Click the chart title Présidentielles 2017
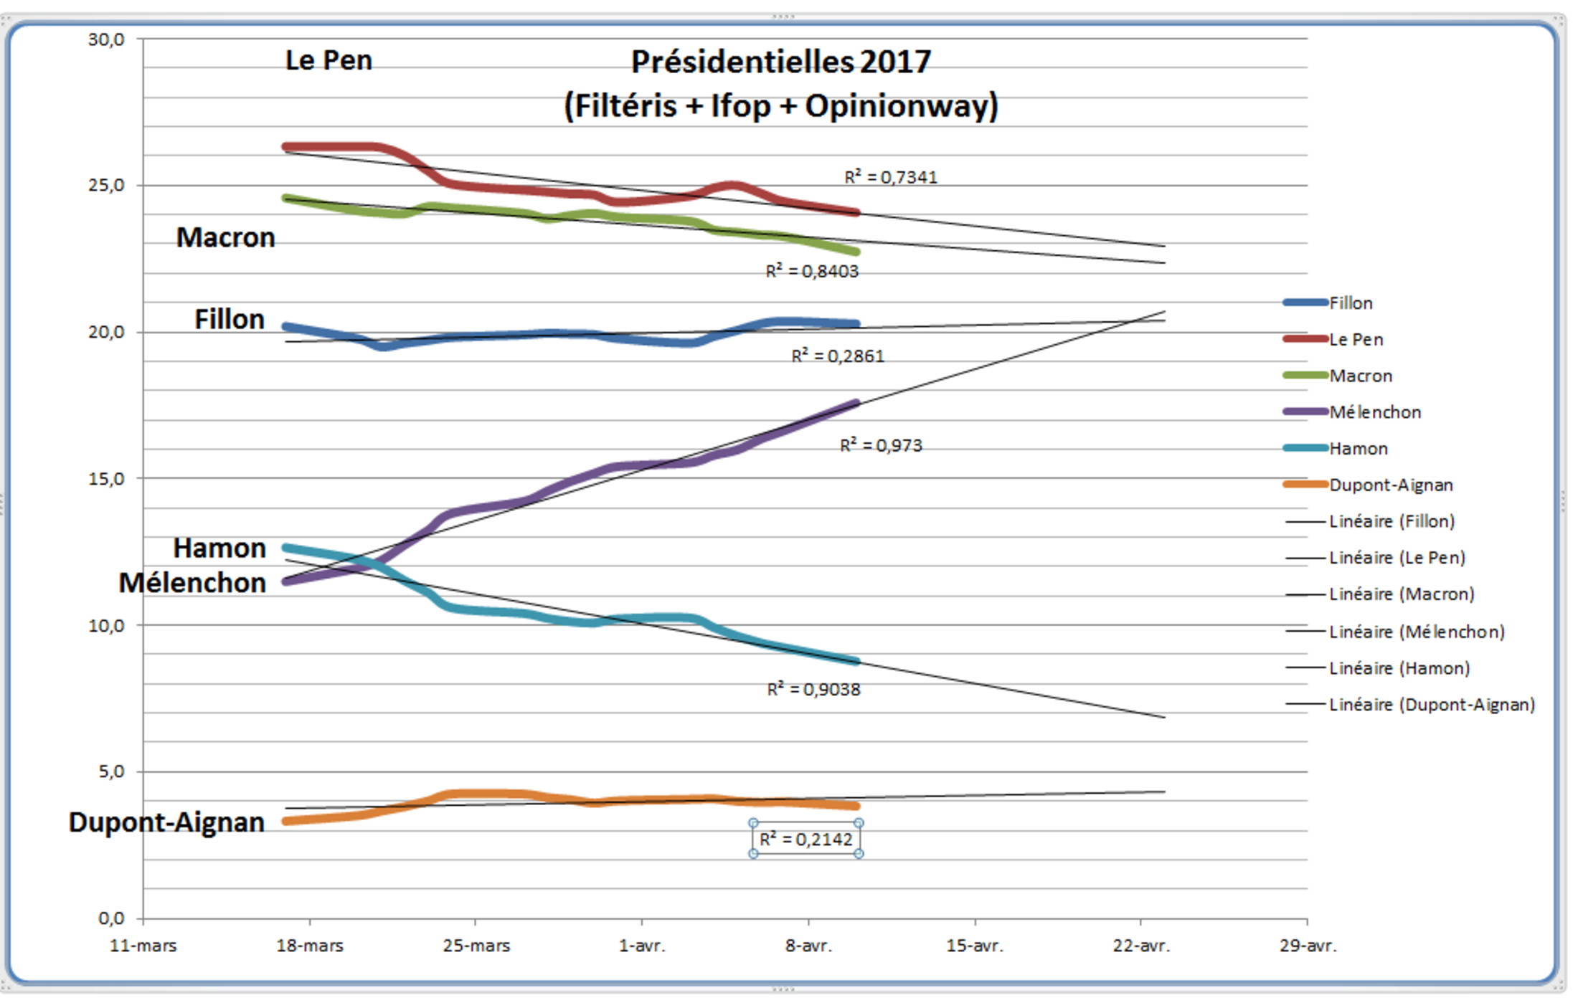780,62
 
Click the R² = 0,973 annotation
881,445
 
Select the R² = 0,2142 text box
806,839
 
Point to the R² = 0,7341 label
891,177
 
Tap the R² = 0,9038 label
813,689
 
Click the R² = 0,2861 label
838,356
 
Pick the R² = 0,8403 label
812,271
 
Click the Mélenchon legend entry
1374,412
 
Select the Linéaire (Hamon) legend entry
1399,668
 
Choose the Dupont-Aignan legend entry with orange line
1390,485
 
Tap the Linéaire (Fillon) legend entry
1392,521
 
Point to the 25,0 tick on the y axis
106,185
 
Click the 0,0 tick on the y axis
111,918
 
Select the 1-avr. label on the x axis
642,946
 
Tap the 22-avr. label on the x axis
1141,946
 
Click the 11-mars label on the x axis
143,946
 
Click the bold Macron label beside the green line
225,237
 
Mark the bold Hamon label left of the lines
219,548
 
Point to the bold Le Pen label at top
329,60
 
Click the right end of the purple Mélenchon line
856,404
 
